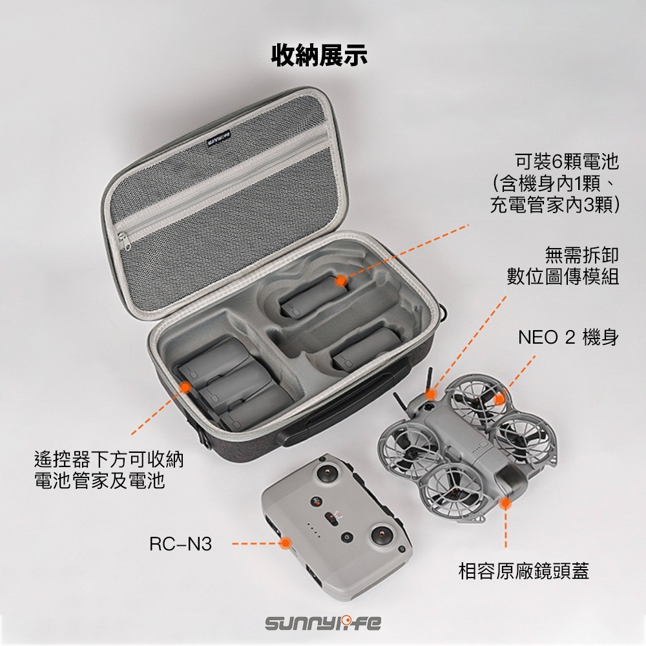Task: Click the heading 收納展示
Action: click(319, 55)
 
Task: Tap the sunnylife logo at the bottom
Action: click(323, 623)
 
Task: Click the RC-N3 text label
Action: click(180, 544)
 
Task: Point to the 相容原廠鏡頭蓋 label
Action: click(524, 571)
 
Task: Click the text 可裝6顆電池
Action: click(567, 160)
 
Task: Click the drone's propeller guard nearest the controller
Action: click(452, 484)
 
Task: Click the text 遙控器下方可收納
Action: click(109, 460)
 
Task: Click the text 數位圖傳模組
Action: click(563, 276)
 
